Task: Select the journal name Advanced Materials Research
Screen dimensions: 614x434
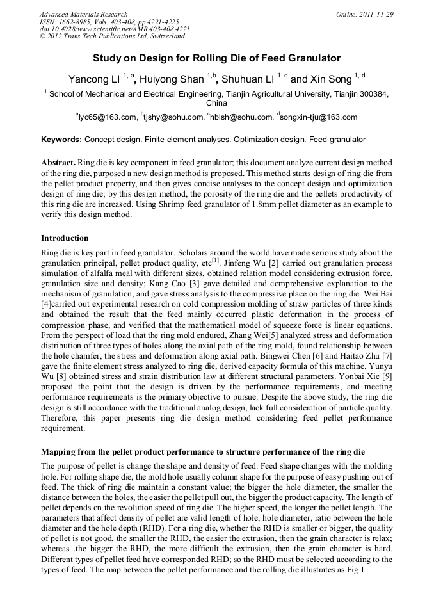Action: pos(83,13)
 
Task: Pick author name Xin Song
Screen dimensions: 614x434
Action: pos(331,79)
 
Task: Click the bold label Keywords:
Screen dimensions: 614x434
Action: pos(61,139)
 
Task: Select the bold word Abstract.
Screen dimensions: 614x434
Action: pos(59,163)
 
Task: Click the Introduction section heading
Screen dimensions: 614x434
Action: pos(65,238)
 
